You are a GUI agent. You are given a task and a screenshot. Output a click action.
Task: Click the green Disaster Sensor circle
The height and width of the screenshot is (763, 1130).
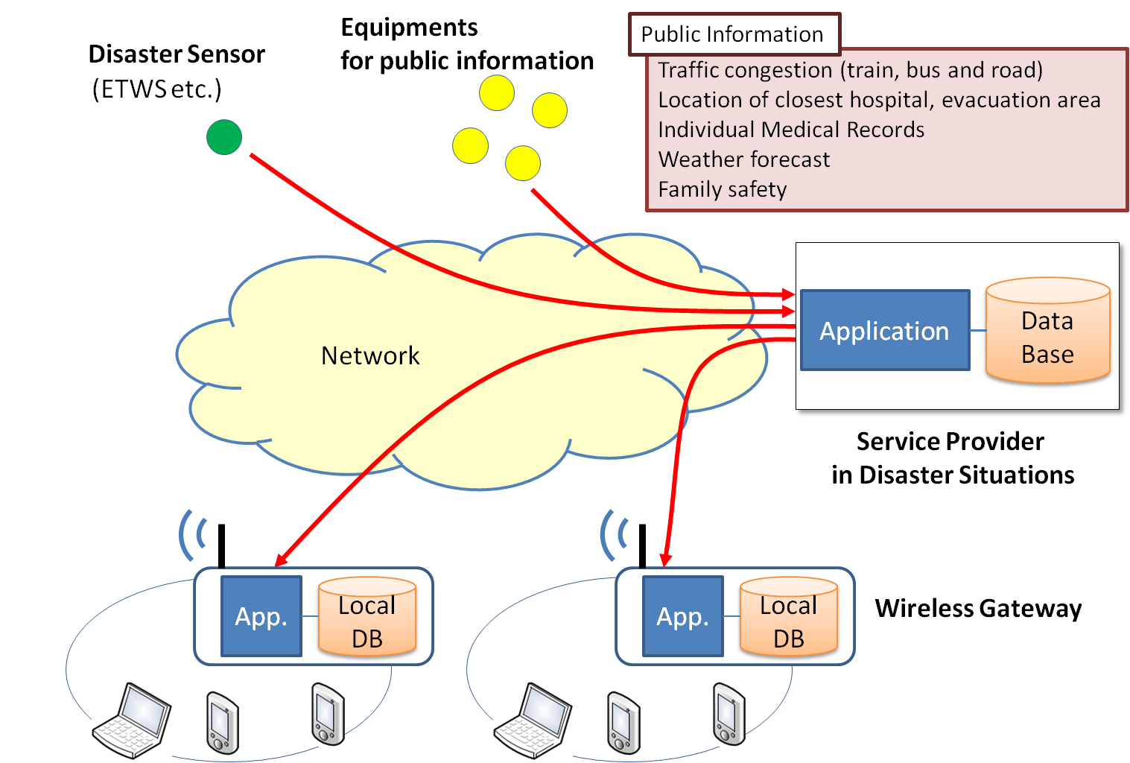click(x=224, y=137)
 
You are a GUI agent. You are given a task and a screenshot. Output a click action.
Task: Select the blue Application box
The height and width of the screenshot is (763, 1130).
click(x=885, y=330)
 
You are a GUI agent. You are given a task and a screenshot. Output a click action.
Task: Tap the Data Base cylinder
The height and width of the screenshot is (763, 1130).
click(x=1047, y=332)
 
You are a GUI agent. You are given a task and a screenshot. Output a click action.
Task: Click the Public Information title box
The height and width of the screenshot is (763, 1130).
click(x=734, y=34)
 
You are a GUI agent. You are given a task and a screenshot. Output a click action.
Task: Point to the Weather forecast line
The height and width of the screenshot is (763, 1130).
click(x=743, y=159)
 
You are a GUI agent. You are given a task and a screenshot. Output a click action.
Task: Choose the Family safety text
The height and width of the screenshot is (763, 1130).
click(x=722, y=189)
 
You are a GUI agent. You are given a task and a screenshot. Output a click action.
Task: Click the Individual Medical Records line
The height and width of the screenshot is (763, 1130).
click(x=791, y=130)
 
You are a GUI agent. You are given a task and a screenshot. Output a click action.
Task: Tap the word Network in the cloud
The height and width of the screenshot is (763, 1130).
click(x=370, y=356)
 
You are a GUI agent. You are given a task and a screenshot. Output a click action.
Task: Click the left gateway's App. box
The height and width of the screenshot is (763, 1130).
click(x=261, y=616)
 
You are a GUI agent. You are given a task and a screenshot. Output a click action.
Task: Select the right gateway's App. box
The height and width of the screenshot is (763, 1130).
click(x=682, y=616)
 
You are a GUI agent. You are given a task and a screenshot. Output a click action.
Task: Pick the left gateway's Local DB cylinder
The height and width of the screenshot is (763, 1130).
click(x=367, y=618)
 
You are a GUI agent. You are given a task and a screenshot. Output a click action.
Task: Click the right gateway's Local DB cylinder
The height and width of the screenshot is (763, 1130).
click(x=789, y=618)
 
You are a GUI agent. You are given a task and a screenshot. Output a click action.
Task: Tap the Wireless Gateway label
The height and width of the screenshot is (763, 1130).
click(x=978, y=608)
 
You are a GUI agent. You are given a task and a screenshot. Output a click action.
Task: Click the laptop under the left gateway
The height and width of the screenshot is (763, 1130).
click(x=132, y=719)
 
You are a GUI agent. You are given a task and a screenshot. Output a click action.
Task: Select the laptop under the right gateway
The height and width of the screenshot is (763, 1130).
click(x=533, y=719)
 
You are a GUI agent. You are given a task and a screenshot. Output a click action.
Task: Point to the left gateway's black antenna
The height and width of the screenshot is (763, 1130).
click(x=221, y=545)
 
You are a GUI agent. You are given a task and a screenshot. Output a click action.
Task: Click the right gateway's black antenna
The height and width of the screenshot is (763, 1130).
click(x=643, y=545)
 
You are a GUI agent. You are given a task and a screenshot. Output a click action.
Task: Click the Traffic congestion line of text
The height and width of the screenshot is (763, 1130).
click(x=850, y=70)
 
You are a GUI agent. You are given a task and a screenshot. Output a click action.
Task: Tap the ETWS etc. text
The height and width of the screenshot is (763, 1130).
click(x=157, y=89)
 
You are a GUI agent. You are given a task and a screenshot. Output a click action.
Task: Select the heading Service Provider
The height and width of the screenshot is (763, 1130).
click(x=950, y=442)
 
